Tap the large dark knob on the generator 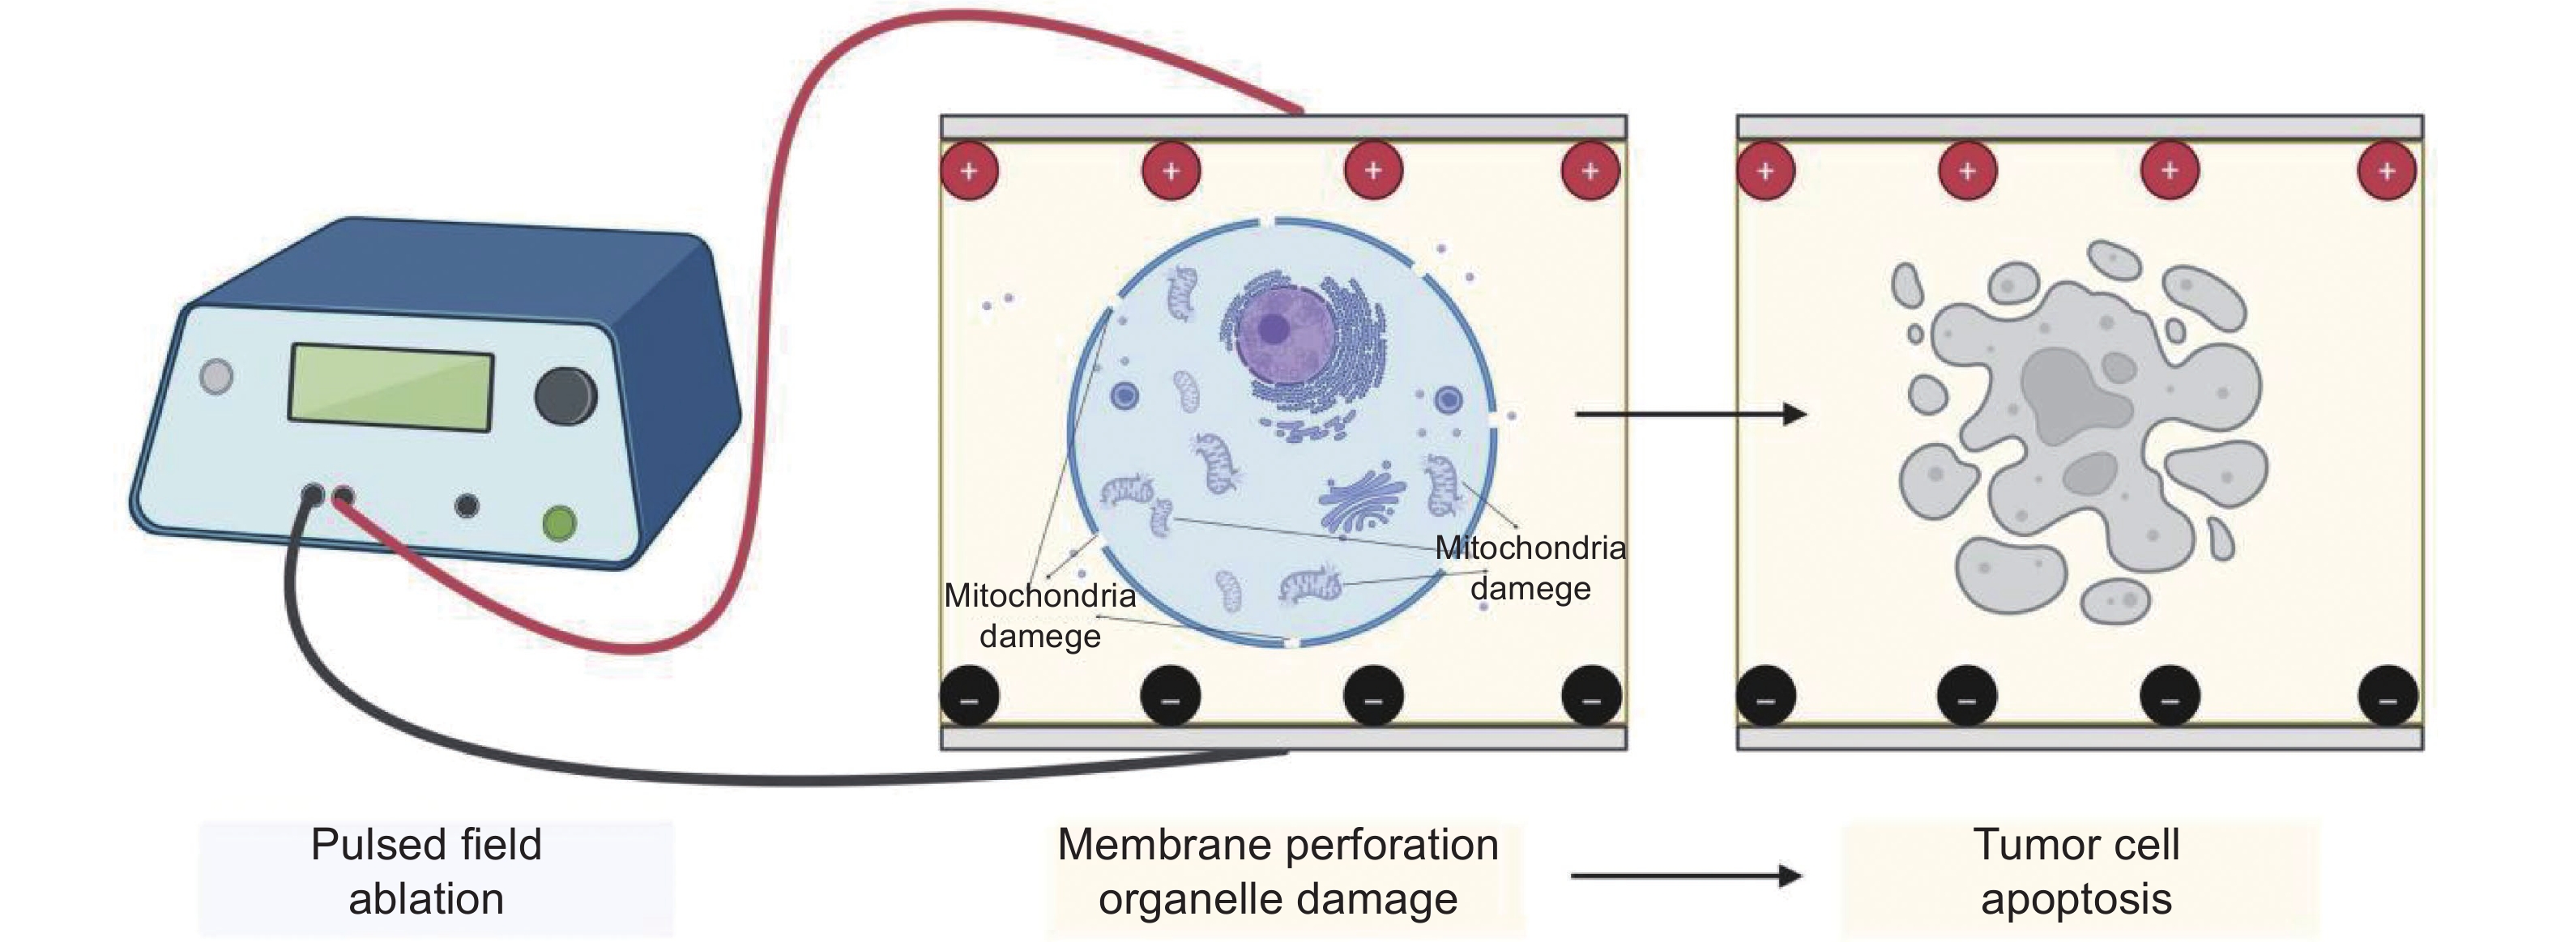pyautogui.click(x=565, y=395)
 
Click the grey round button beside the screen pyautogui.click(x=217, y=377)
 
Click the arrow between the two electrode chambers pyautogui.click(x=1690, y=414)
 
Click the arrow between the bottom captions pyautogui.click(x=1685, y=876)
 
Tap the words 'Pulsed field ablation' pyautogui.click(x=426, y=872)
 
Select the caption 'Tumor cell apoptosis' pyautogui.click(x=2076, y=872)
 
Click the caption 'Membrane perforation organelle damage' pyautogui.click(x=1278, y=872)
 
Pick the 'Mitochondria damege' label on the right pyautogui.click(x=1530, y=568)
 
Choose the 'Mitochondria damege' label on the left pyautogui.click(x=1039, y=615)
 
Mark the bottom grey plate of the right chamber pyautogui.click(x=2080, y=738)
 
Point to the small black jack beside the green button pyautogui.click(x=467, y=506)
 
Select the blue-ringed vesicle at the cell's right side pyautogui.click(x=1449, y=400)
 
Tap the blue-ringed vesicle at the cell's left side pyautogui.click(x=1124, y=396)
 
